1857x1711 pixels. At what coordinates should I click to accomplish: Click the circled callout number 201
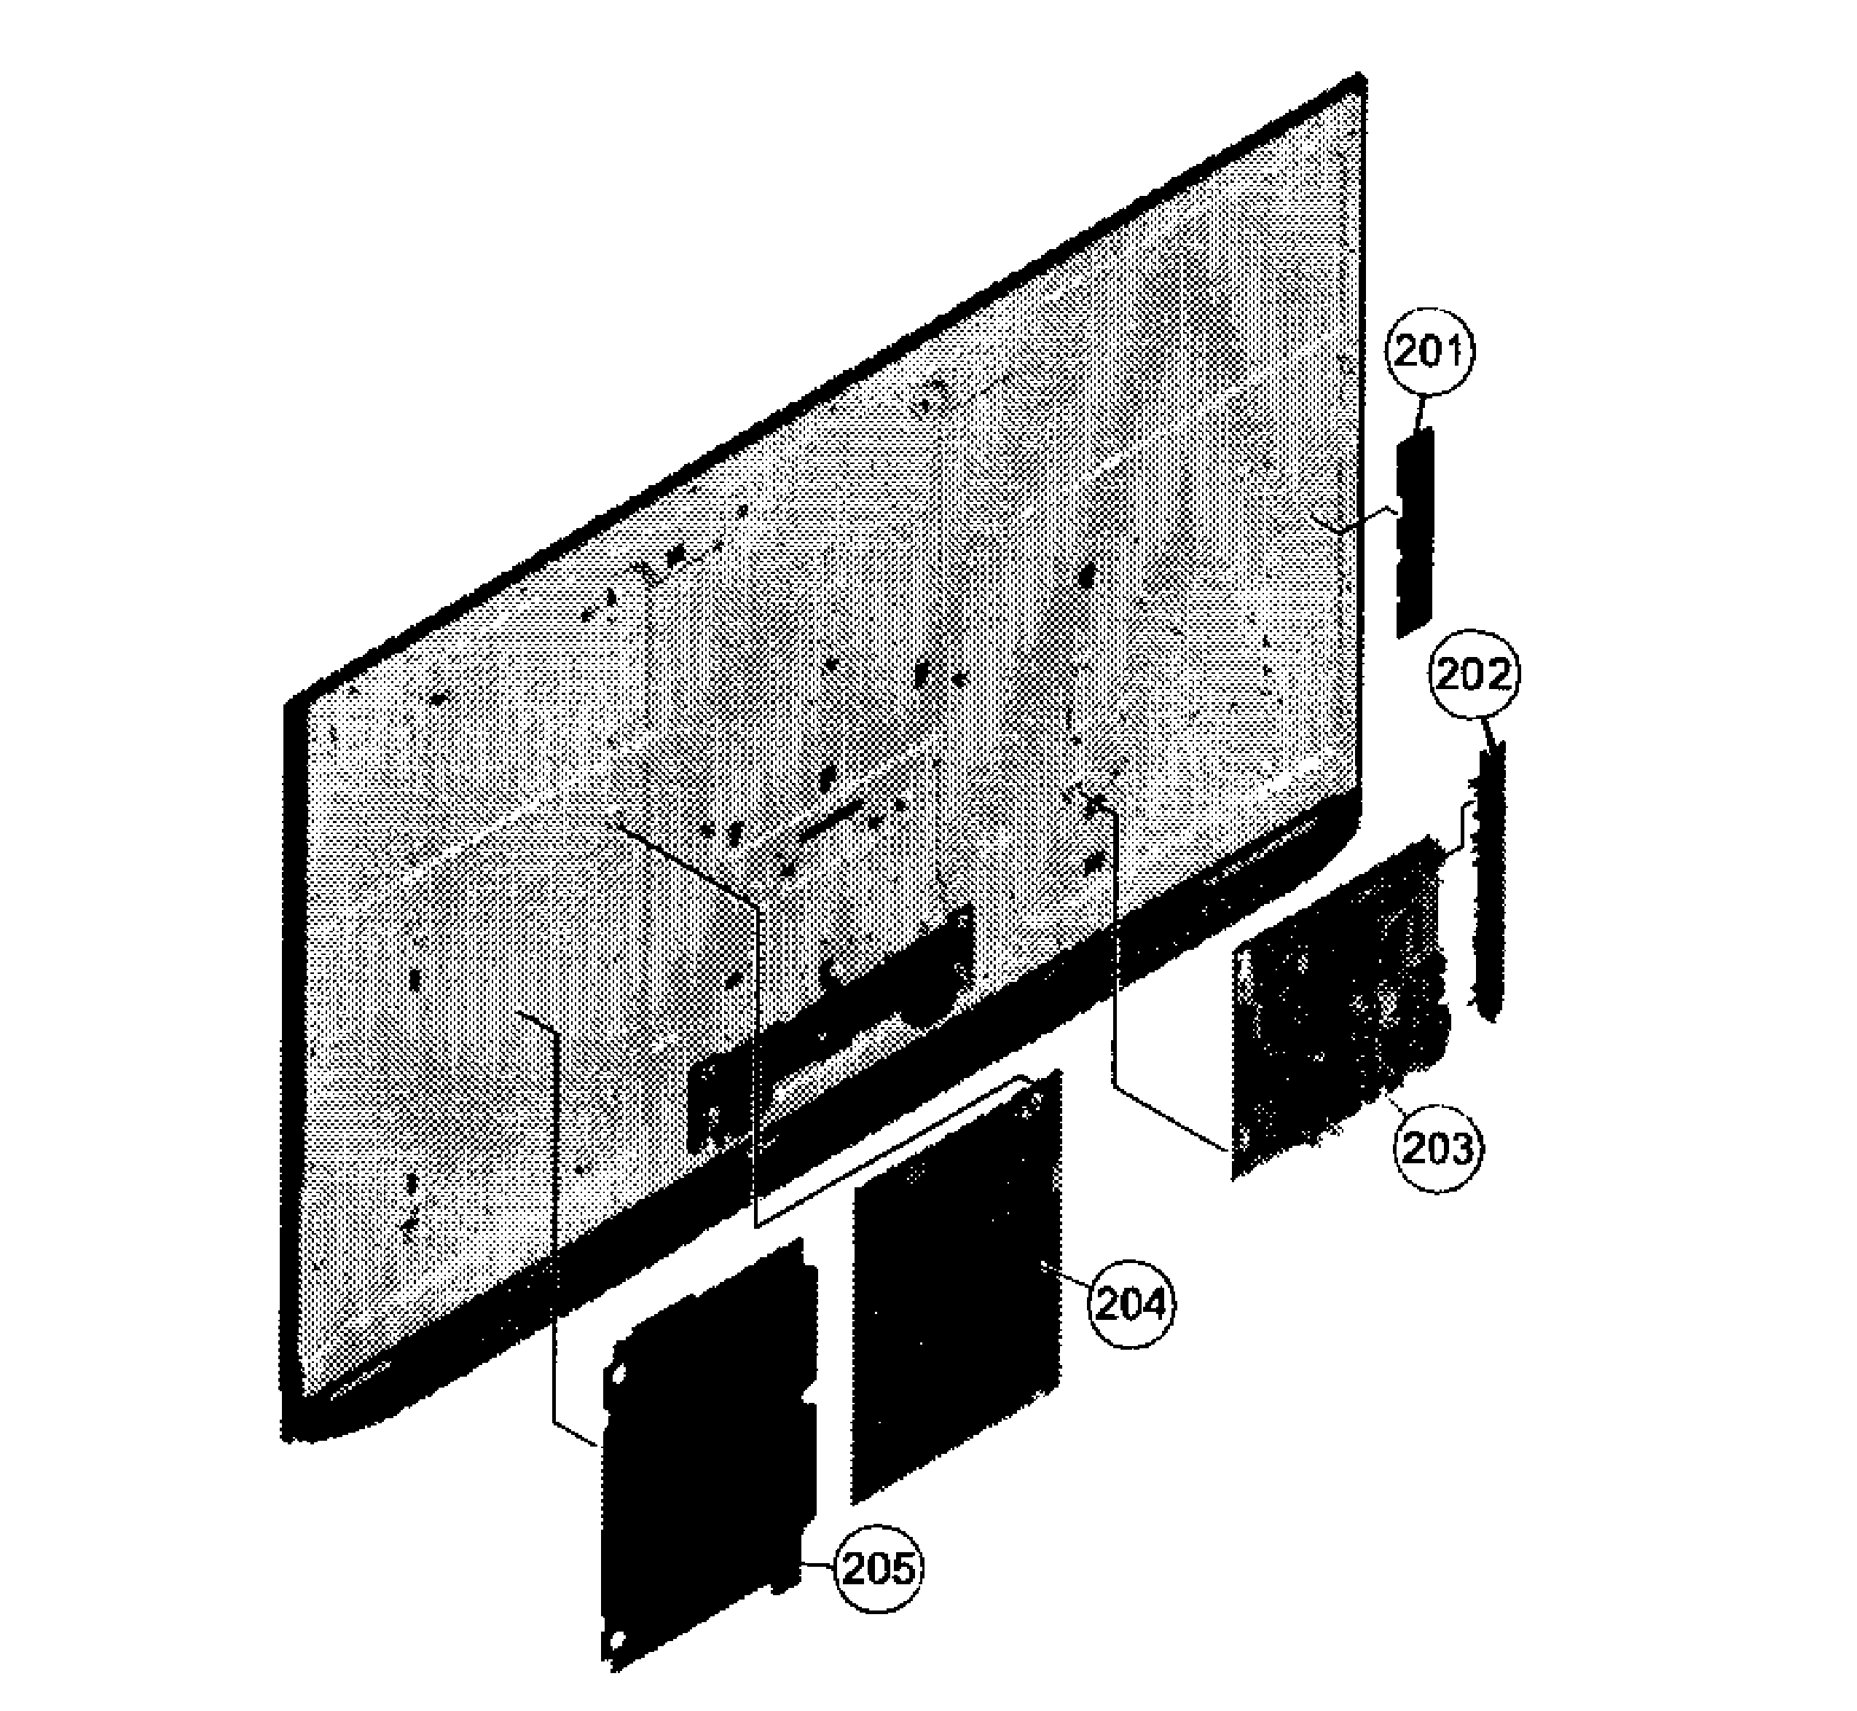[1429, 353]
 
